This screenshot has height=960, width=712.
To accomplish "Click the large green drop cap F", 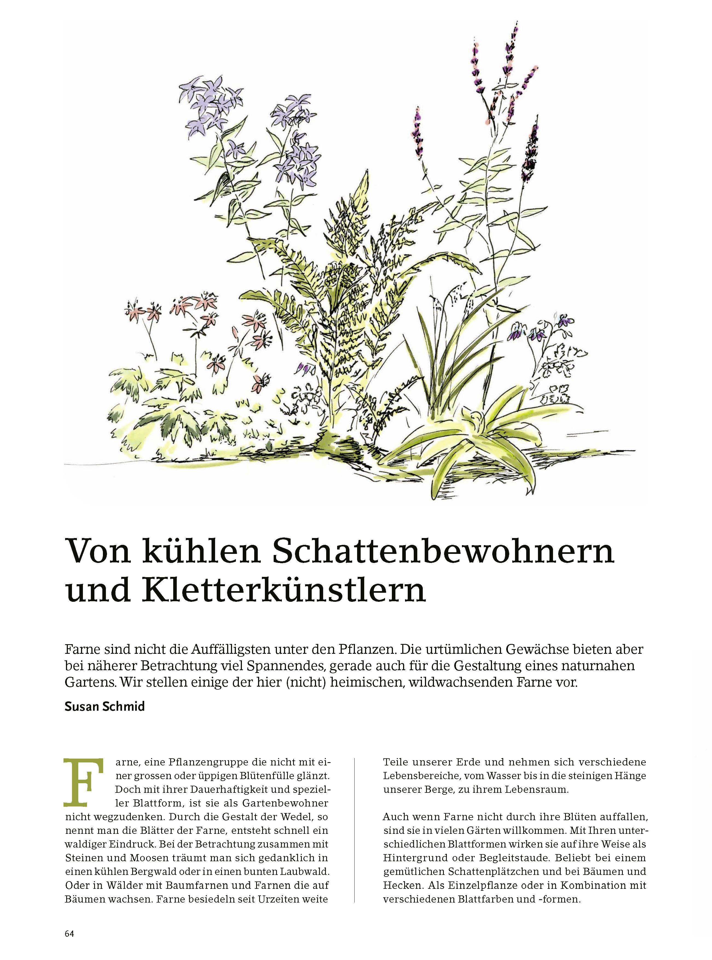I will [84, 782].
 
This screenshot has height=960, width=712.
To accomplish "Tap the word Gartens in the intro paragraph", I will [90, 683].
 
